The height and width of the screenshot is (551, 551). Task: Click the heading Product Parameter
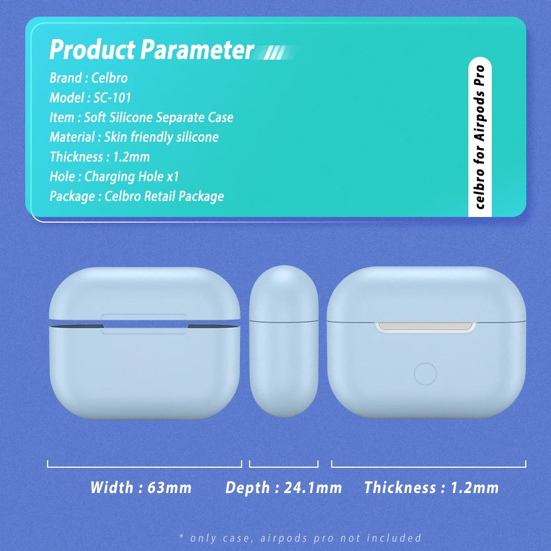pyautogui.click(x=152, y=49)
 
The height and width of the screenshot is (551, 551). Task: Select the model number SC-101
pyautogui.click(x=112, y=98)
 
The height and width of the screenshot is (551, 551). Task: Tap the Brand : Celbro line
pyautogui.click(x=88, y=78)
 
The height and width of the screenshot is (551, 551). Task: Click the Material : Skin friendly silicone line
pyautogui.click(x=134, y=137)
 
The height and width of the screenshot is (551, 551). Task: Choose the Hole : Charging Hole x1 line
pyautogui.click(x=114, y=176)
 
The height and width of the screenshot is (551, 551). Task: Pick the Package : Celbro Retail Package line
pyautogui.click(x=137, y=196)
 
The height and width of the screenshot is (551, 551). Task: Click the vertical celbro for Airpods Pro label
pyautogui.click(x=480, y=137)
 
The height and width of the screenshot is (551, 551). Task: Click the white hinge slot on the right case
pyautogui.click(x=425, y=327)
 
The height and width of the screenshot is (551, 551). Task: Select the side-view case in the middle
pyautogui.click(x=284, y=341)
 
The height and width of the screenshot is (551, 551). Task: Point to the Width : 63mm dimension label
pyautogui.click(x=141, y=487)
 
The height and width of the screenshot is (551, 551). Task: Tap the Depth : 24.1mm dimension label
pyautogui.click(x=284, y=487)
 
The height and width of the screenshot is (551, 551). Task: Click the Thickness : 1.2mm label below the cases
pyautogui.click(x=432, y=487)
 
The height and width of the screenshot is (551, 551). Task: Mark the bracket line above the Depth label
pyautogui.click(x=284, y=467)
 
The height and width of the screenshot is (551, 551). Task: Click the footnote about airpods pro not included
pyautogui.click(x=300, y=538)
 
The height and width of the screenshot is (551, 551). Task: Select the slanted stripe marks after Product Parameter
pyautogui.click(x=275, y=53)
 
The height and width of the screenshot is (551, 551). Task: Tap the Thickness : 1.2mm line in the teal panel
pyautogui.click(x=100, y=157)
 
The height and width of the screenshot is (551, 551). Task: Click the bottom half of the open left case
pyautogui.click(x=145, y=372)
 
